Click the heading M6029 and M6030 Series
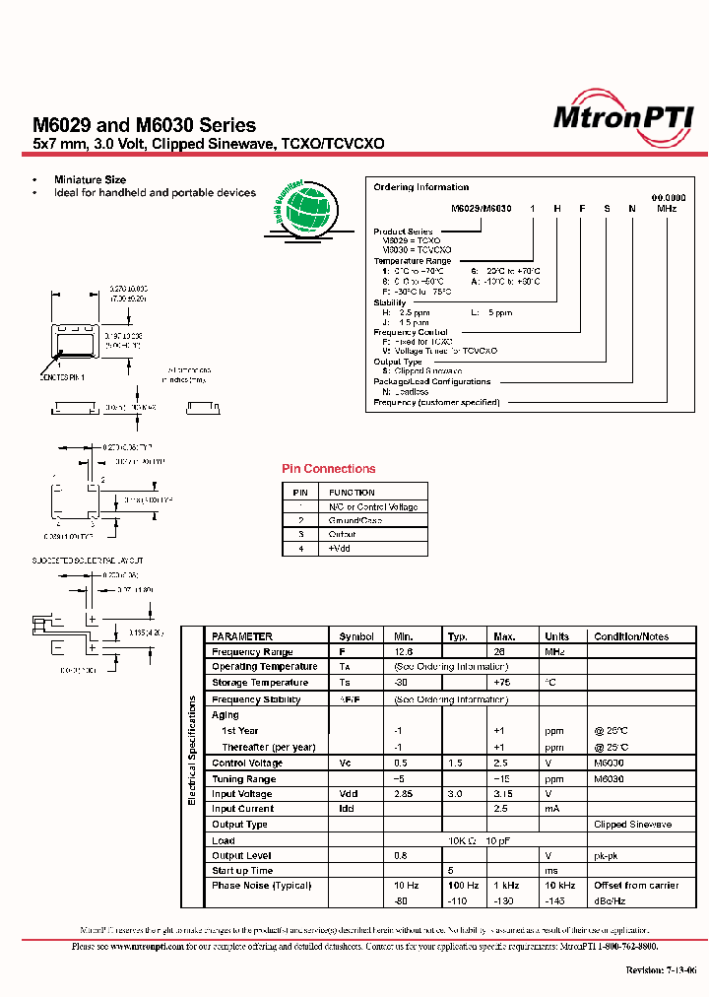tap(145, 125)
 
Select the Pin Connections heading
tap(329, 469)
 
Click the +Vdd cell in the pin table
tap(340, 549)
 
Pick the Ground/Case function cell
tap(355, 520)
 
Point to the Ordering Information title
tap(421, 187)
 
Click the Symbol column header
tap(356, 636)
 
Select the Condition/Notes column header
tap(631, 636)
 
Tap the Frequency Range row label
tap(252, 651)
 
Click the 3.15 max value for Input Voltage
tap(504, 793)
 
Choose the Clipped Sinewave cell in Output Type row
tap(632, 825)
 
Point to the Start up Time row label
tap(242, 871)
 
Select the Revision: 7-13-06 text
tap(661, 969)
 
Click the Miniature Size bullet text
tap(91, 180)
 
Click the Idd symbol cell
tap(347, 809)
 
